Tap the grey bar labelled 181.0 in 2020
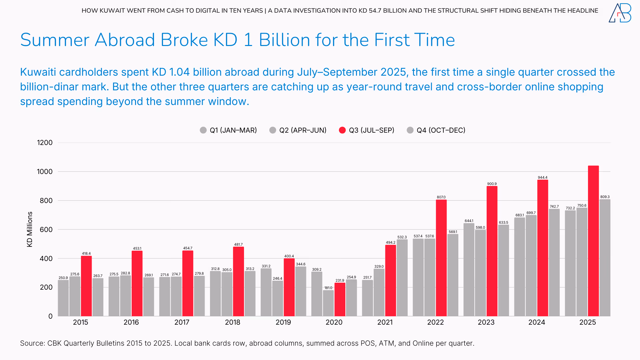coord(328,303)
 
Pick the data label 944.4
coord(542,177)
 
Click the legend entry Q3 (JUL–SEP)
coord(366,130)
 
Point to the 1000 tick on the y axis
coord(45,172)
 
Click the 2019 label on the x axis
coord(283,322)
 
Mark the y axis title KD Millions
coord(30,229)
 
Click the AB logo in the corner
coord(620,13)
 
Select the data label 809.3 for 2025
coord(605,197)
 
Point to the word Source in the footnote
coord(31,343)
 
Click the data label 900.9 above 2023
coord(492,184)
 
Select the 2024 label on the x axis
coord(537,322)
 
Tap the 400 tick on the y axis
coord(46,258)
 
